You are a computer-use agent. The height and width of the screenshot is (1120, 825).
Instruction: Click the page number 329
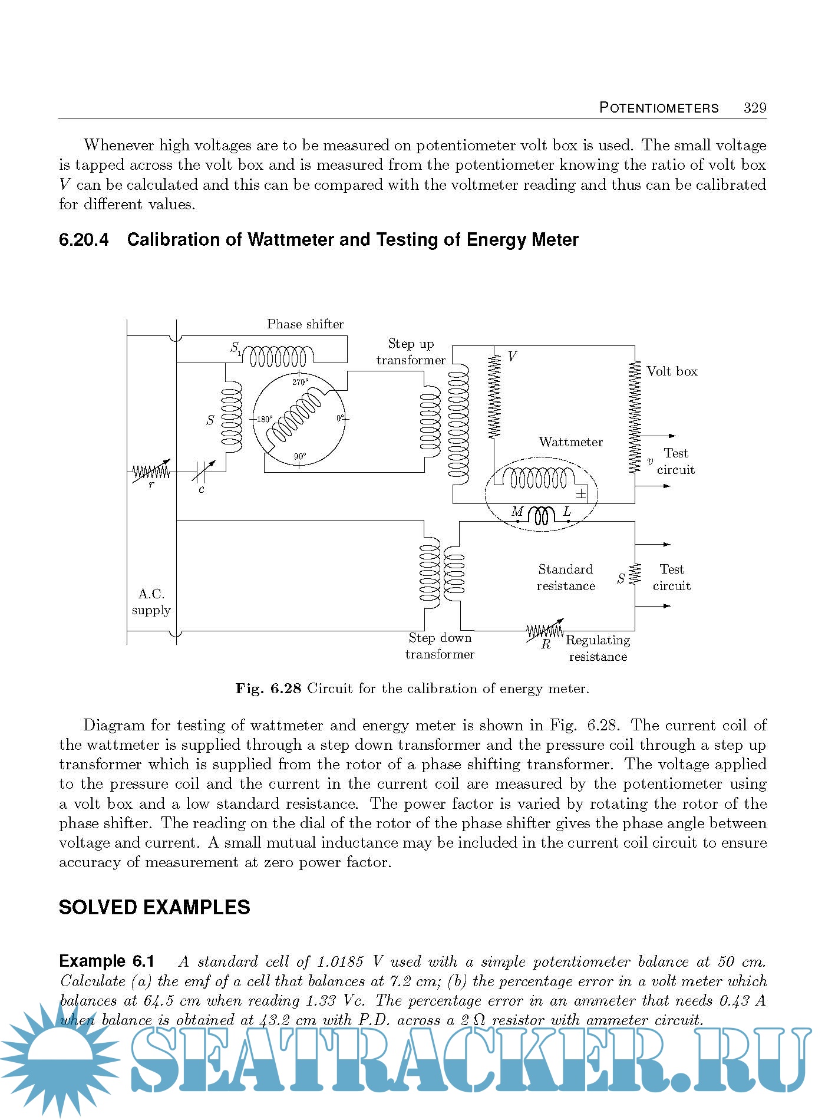pyautogui.click(x=754, y=108)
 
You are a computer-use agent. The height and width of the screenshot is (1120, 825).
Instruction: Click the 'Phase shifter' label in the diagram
pyautogui.click(x=305, y=324)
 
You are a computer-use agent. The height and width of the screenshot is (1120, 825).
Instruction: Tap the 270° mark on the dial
pyautogui.click(x=300, y=382)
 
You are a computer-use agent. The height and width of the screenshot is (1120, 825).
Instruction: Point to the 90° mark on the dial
pyautogui.click(x=300, y=456)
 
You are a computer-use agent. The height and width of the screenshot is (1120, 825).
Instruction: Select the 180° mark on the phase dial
pyautogui.click(x=264, y=420)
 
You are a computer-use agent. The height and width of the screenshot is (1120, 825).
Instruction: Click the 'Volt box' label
pyautogui.click(x=672, y=371)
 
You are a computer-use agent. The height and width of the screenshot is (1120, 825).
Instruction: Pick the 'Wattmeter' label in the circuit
pyautogui.click(x=570, y=442)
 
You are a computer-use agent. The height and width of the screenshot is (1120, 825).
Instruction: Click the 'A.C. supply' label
pyautogui.click(x=151, y=602)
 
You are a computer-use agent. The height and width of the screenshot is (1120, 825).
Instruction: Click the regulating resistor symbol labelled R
pyautogui.click(x=544, y=631)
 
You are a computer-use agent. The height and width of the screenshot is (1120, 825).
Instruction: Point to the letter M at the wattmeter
pyautogui.click(x=517, y=512)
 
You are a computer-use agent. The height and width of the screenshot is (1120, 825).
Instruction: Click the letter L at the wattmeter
pyautogui.click(x=567, y=512)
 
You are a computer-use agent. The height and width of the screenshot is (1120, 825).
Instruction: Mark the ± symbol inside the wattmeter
pyautogui.click(x=580, y=494)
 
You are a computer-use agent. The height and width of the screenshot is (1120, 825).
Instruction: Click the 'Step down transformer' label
pyautogui.click(x=439, y=646)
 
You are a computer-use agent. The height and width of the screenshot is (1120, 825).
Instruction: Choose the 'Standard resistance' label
pyautogui.click(x=565, y=578)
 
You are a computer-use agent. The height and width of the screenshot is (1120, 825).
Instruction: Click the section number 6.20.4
pyautogui.click(x=84, y=240)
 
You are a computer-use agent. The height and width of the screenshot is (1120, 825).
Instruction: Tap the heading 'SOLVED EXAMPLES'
pyautogui.click(x=154, y=907)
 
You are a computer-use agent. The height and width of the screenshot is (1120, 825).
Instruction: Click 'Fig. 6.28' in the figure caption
pyautogui.click(x=268, y=689)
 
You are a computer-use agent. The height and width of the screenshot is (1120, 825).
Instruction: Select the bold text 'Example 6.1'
pyautogui.click(x=107, y=961)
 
